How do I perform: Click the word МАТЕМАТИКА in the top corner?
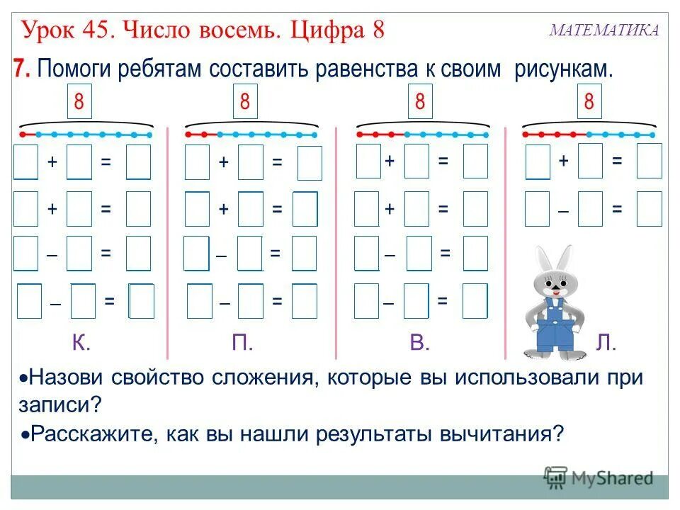click(x=604, y=30)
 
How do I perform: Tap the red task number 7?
click(x=21, y=69)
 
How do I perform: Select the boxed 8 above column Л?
click(x=588, y=102)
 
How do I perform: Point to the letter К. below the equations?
click(x=81, y=344)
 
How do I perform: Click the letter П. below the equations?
click(x=242, y=344)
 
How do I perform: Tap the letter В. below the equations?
click(x=420, y=344)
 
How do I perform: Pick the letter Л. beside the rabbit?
click(x=606, y=344)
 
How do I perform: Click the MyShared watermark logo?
click(x=598, y=477)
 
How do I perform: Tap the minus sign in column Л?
click(x=563, y=210)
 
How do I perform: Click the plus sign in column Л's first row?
click(x=563, y=161)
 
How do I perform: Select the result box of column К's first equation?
click(x=139, y=162)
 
